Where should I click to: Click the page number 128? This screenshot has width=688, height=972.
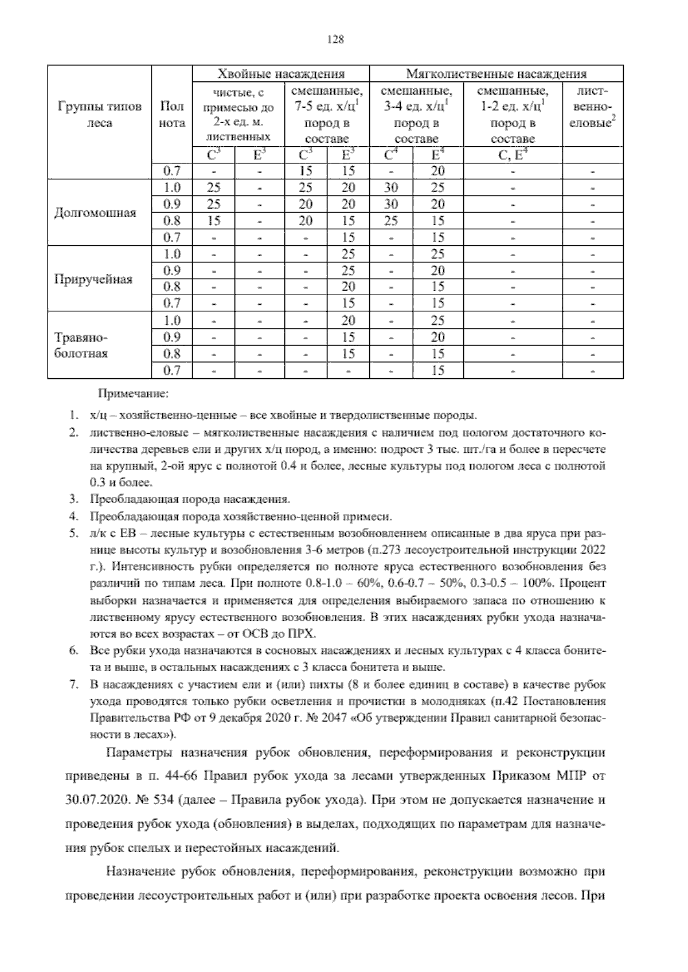coord(334,40)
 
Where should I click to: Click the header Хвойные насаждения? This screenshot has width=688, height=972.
coord(280,73)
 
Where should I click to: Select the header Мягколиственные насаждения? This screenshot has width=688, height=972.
coord(496,73)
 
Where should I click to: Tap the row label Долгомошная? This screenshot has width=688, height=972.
coord(95,213)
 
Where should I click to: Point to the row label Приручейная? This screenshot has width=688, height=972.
coord(93,279)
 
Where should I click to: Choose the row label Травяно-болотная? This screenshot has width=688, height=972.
coord(81,345)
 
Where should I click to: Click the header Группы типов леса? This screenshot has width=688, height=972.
coord(99,115)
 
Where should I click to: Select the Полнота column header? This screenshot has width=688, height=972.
coord(172,115)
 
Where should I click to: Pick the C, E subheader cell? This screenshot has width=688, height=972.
coord(513,155)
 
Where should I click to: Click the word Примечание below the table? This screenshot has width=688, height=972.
coord(133,394)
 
